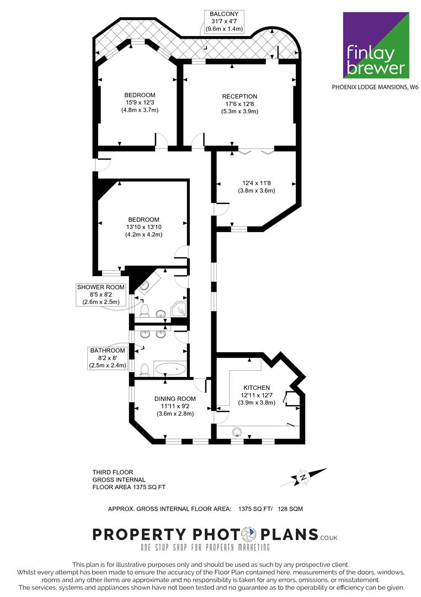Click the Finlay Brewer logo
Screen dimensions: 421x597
click(x=376, y=45)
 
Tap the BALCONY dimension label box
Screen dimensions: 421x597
click(x=224, y=22)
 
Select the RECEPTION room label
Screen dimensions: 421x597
click(x=239, y=96)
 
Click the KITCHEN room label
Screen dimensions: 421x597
click(x=257, y=387)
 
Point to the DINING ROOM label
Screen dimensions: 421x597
click(x=175, y=399)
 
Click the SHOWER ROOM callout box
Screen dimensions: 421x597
click(x=100, y=294)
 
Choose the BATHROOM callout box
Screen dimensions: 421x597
click(x=108, y=358)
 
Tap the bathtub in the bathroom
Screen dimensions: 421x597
click(x=170, y=369)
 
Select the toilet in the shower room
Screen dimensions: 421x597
click(x=144, y=310)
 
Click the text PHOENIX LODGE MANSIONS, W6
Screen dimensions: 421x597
click(x=375, y=87)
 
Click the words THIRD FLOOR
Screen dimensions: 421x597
click(x=113, y=472)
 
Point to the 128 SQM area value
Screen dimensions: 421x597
click(x=290, y=509)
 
